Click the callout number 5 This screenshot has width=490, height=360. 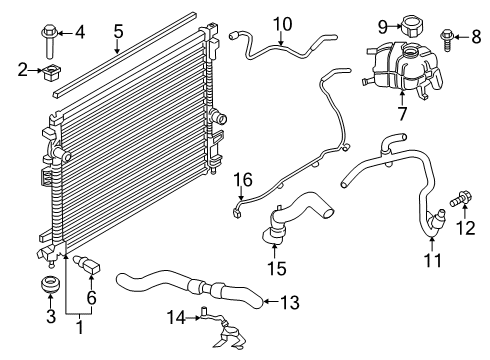117,32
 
